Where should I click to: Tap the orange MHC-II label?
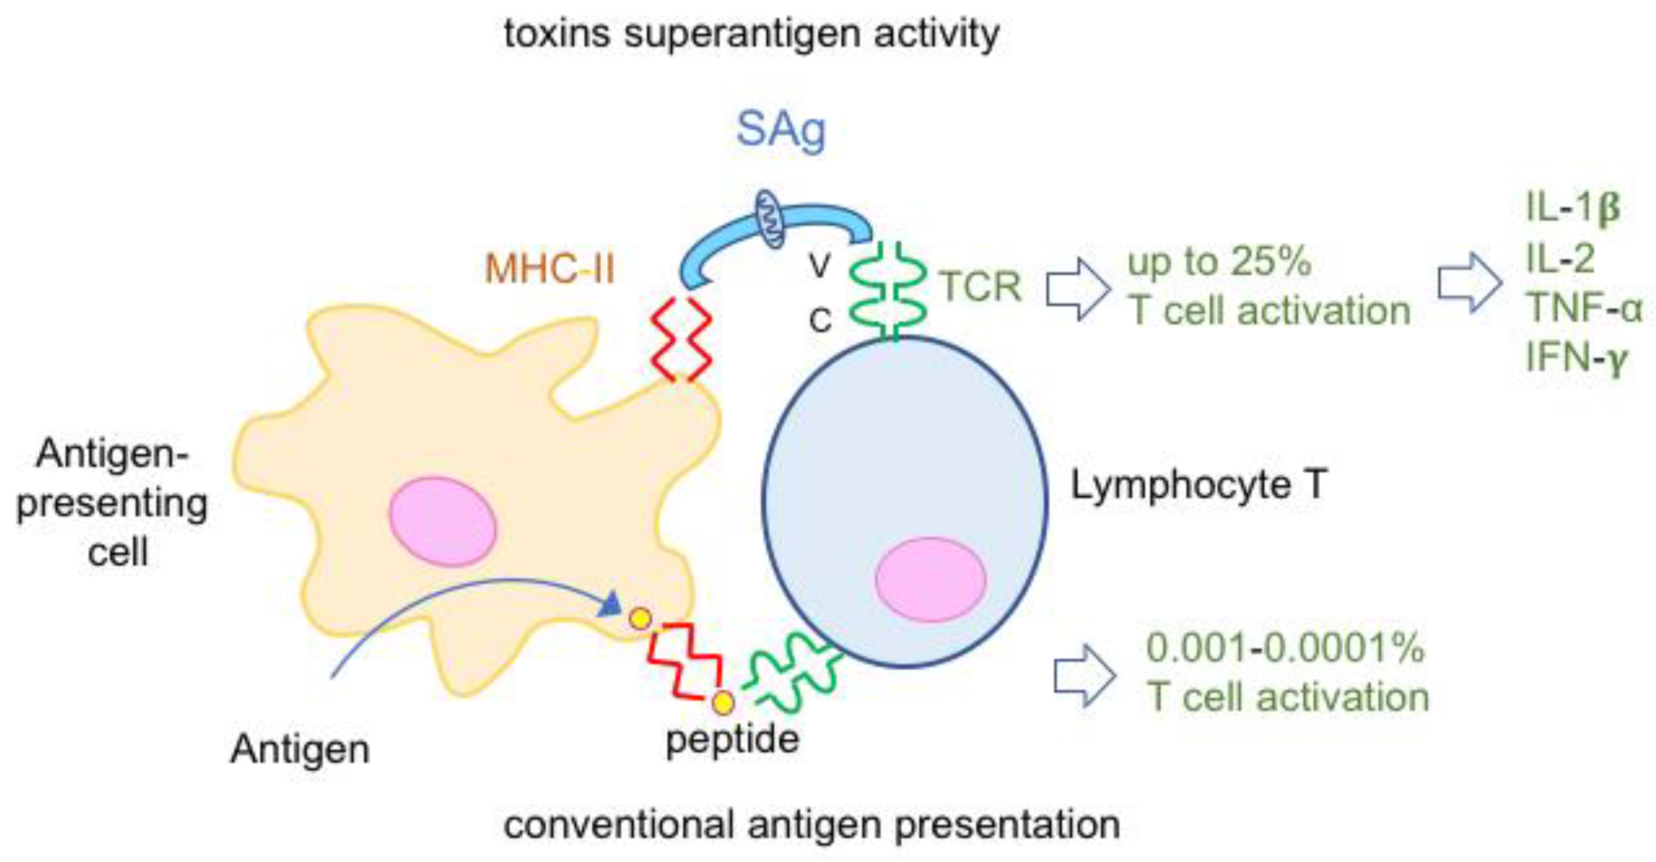pos(550,268)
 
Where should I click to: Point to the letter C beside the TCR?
pos(820,320)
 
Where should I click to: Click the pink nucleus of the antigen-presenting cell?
pos(442,521)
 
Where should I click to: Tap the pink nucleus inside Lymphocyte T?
pos(930,580)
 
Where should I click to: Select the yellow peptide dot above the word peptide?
pos(723,703)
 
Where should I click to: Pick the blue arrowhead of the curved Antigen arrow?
pos(611,604)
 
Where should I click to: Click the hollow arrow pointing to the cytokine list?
pos(1469,283)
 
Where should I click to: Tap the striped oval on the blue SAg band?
pos(769,219)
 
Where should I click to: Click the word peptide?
pos(732,739)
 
